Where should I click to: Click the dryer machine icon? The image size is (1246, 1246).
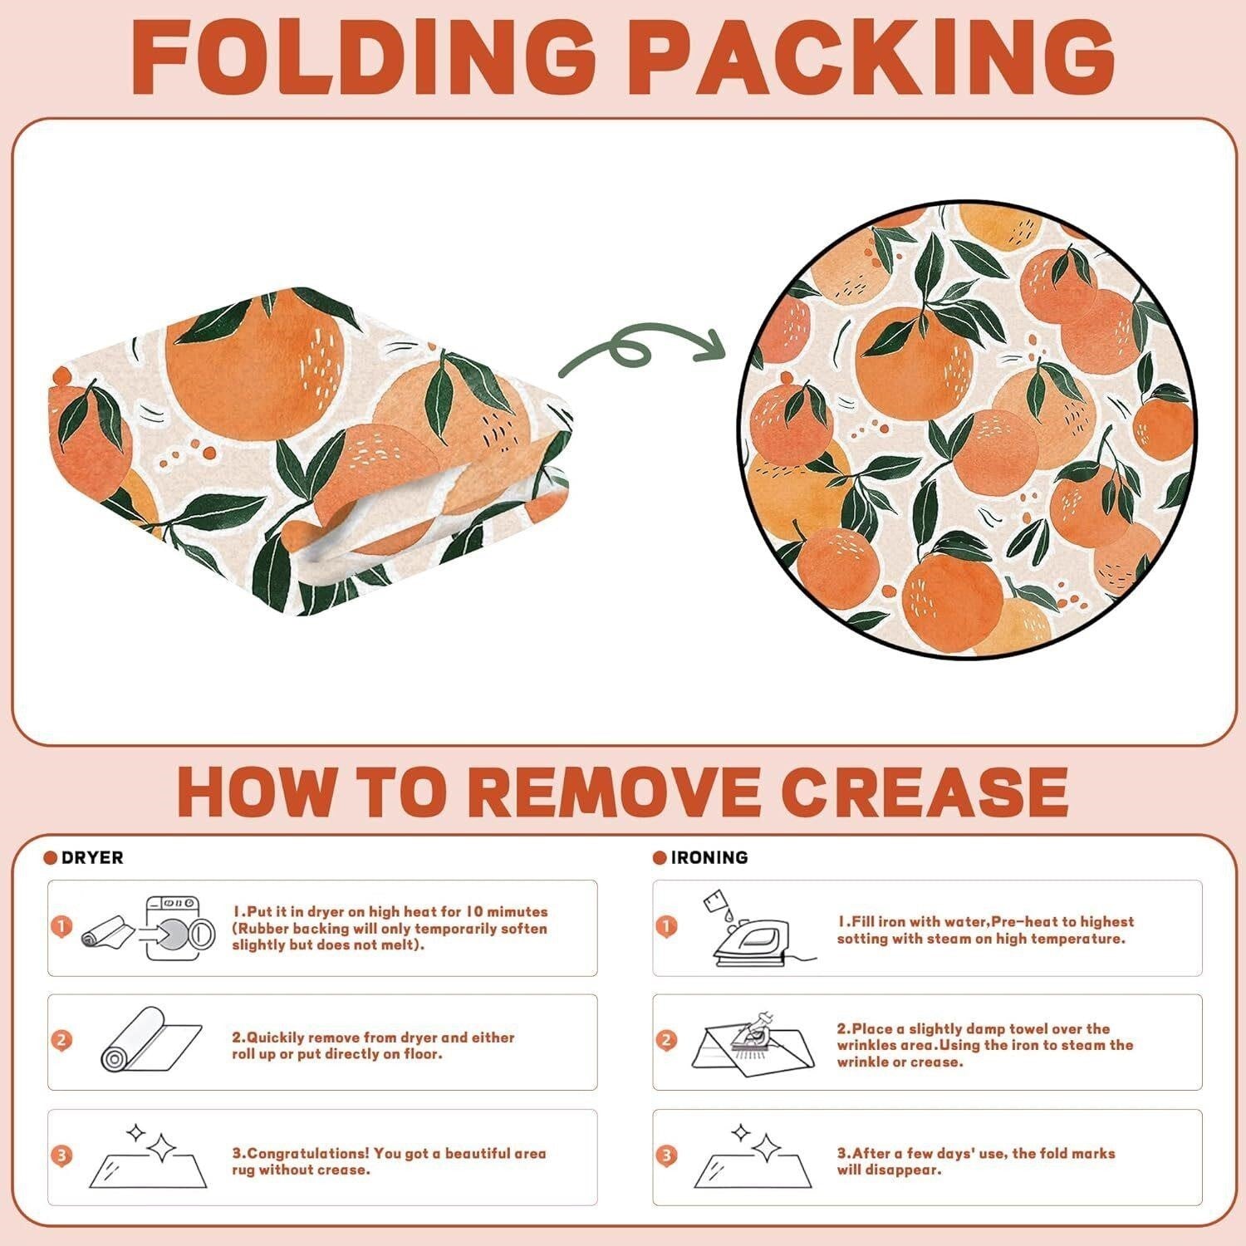180,928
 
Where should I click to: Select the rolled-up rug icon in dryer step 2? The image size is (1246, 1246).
151,1038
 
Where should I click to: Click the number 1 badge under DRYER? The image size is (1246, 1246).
61,925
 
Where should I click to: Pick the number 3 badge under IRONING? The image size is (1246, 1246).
666,1155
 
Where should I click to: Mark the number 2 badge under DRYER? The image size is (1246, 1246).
61,1040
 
